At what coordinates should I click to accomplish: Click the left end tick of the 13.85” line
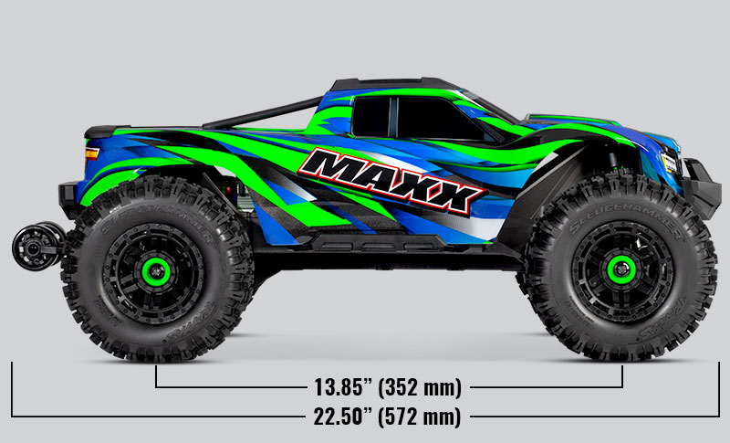click(x=157, y=376)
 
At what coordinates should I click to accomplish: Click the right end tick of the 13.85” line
click(x=623, y=376)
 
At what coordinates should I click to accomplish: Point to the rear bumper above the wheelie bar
click(x=68, y=195)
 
